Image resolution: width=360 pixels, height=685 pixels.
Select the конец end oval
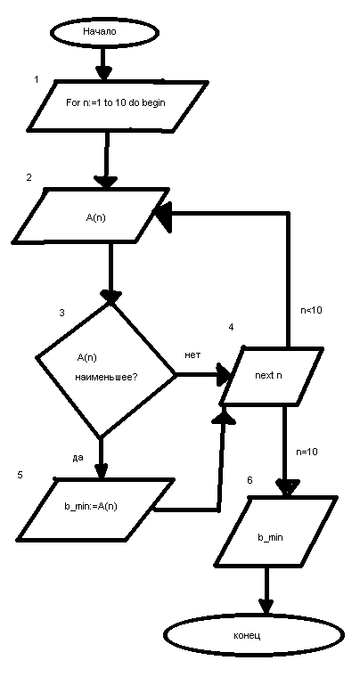(x=254, y=635)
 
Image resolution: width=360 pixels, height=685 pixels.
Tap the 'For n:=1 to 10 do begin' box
(x=117, y=105)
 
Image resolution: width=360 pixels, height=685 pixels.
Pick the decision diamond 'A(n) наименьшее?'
(x=106, y=370)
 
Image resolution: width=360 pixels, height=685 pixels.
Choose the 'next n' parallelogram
(x=271, y=376)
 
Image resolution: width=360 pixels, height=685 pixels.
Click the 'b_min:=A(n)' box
(x=93, y=509)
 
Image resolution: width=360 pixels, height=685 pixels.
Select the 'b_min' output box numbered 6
(x=275, y=531)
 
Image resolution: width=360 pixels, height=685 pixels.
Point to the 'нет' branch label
(x=192, y=355)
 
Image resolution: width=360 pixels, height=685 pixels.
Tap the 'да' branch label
(x=78, y=458)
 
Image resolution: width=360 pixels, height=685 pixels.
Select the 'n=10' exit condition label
(x=307, y=452)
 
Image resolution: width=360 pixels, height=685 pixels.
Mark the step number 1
(x=37, y=80)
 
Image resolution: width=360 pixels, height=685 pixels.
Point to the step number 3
(x=62, y=313)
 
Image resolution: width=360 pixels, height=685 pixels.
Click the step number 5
(x=20, y=475)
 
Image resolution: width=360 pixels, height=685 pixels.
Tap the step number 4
(x=231, y=326)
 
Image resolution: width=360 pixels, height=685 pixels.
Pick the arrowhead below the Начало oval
(x=104, y=72)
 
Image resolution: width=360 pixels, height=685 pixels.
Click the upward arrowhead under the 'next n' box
(x=224, y=416)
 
